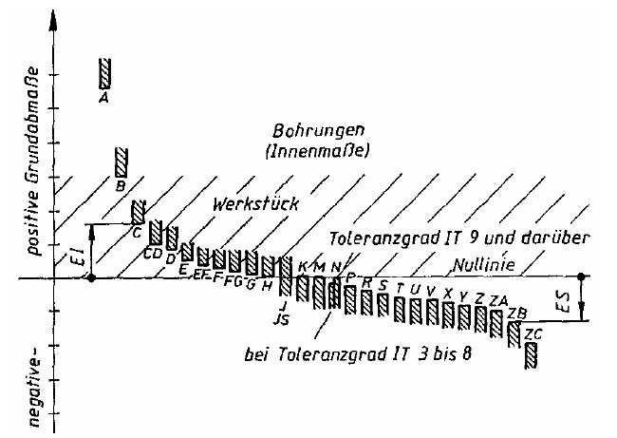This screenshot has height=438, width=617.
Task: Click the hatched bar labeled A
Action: [x=106, y=71]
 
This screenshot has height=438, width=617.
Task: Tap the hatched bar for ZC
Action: [x=532, y=354]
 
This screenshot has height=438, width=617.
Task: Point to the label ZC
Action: [x=533, y=333]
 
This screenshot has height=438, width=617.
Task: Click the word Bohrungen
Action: [x=304, y=131]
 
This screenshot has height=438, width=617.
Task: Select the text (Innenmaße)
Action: [x=304, y=151]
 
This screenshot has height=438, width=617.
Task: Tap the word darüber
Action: [x=563, y=238]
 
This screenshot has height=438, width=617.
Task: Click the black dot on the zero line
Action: [x=91, y=278]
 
